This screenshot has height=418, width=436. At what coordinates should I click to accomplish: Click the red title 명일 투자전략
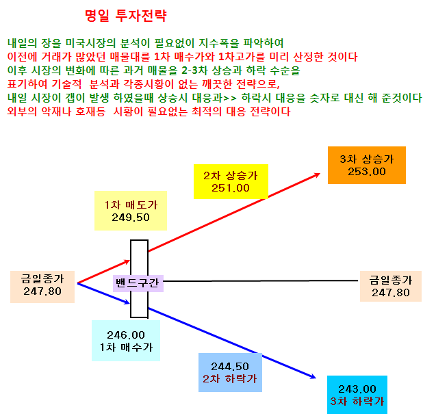pyautogui.click(x=126, y=16)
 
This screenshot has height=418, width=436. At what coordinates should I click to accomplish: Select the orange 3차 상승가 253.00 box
pyautogui.click(x=367, y=165)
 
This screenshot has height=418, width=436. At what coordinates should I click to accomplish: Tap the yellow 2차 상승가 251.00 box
pyautogui.click(x=231, y=181)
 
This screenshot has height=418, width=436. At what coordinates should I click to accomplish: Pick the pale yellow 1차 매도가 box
pyautogui.click(x=131, y=211)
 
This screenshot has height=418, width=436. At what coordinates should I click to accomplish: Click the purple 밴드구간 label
pyautogui.click(x=138, y=283)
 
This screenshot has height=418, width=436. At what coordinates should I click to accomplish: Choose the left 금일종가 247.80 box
pyautogui.click(x=42, y=287)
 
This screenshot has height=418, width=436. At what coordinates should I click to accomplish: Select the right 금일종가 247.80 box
pyautogui.click(x=391, y=286)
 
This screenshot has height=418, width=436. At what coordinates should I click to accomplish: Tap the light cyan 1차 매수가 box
pyautogui.click(x=126, y=341)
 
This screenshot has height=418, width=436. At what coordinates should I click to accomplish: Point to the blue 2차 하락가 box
pyautogui.click(x=230, y=372)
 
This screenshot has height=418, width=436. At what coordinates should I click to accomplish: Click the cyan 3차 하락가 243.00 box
pyautogui.click(x=357, y=395)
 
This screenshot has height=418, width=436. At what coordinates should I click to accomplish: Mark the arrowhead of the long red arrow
pyautogui.click(x=320, y=174)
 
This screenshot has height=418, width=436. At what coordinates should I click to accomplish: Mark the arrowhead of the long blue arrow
pyautogui.click(x=316, y=378)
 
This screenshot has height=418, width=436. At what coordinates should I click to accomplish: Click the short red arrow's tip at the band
pyautogui.click(x=130, y=261)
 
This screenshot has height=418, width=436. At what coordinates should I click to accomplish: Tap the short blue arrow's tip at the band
pyautogui.click(x=130, y=303)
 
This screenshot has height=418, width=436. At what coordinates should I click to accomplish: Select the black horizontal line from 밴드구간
pyautogui.click(x=261, y=281)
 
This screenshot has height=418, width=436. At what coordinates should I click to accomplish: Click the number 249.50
pyautogui.click(x=131, y=218)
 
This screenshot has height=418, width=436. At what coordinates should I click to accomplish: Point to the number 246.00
pyautogui.click(x=126, y=335)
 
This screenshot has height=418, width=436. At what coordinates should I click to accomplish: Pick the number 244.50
pyautogui.click(x=230, y=366)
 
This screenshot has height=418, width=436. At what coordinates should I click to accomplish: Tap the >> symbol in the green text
pyautogui.click(x=230, y=98)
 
